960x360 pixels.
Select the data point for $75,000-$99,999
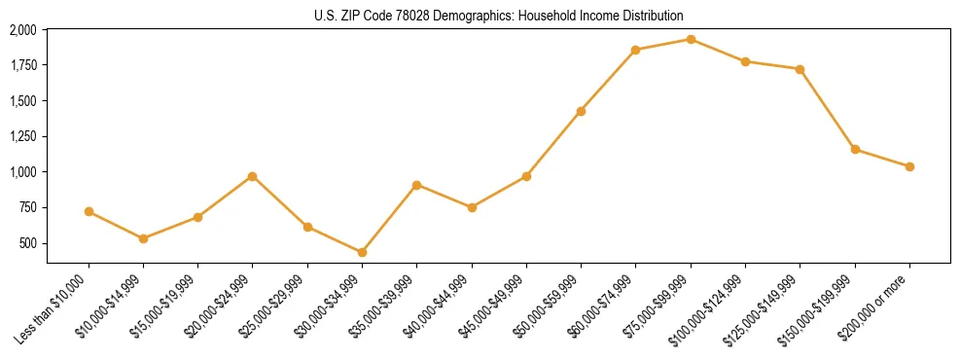[x=691, y=39]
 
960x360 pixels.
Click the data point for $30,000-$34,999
[x=362, y=252]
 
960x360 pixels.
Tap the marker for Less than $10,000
[x=89, y=211]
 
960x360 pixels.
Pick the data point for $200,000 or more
[x=909, y=166]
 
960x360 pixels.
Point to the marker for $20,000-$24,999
[x=253, y=176]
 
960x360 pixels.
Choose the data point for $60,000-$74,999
[x=635, y=50]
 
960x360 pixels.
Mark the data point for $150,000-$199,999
[x=855, y=149]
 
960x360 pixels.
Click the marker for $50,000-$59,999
[x=581, y=111]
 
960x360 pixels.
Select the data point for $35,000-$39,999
[x=416, y=185]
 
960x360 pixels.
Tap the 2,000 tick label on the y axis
[x=22, y=30]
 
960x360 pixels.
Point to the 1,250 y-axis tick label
[x=22, y=137]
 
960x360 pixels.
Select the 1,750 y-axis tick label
[x=22, y=66]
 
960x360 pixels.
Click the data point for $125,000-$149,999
[x=800, y=69]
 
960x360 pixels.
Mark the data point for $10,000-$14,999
[x=143, y=238]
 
